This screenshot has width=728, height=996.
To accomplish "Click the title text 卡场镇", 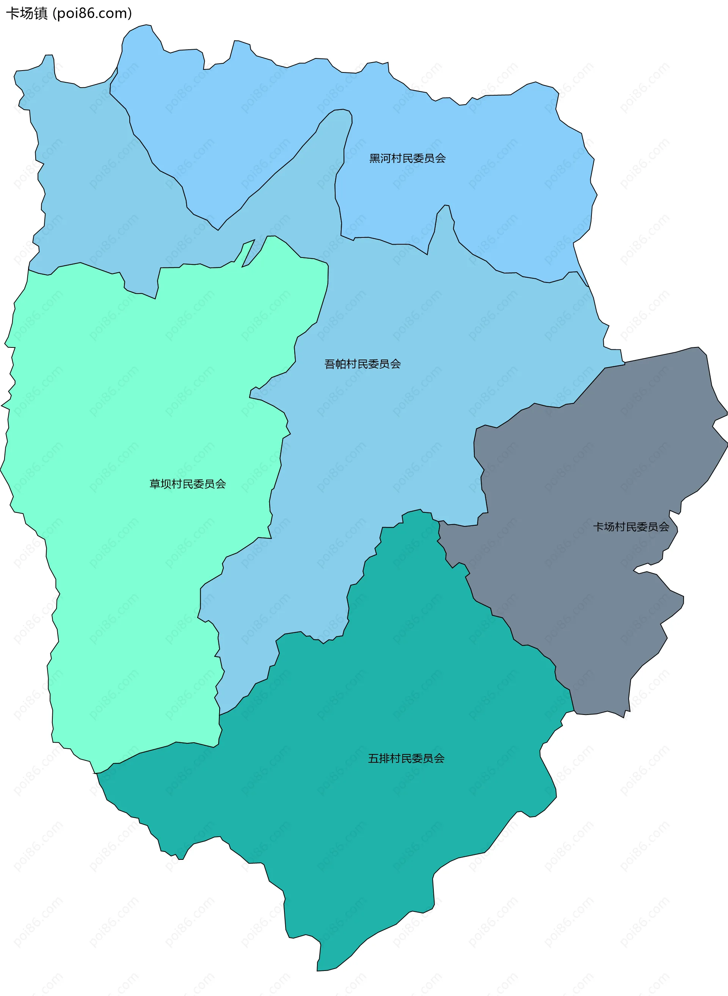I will tap(27, 14).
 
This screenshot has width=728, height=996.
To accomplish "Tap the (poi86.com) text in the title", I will tap(92, 14).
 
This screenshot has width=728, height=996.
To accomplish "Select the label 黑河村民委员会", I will tap(407, 158).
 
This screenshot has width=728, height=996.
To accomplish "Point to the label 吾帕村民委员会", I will tap(362, 364).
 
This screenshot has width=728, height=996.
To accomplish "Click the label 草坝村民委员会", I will tap(188, 484).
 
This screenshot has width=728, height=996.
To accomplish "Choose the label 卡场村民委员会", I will tap(631, 527).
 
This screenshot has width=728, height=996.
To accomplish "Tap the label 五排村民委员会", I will tap(406, 758).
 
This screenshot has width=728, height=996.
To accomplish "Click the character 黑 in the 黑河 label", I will tap(375, 158).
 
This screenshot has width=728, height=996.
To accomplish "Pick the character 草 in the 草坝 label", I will tap(155, 484).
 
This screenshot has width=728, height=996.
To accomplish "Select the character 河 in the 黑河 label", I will tap(386, 158).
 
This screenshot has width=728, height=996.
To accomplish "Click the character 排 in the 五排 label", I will tap(384, 758).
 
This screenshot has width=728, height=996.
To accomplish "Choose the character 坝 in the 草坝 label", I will tap(166, 484).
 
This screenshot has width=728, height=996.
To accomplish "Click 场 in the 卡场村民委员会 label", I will tap(609, 527).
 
